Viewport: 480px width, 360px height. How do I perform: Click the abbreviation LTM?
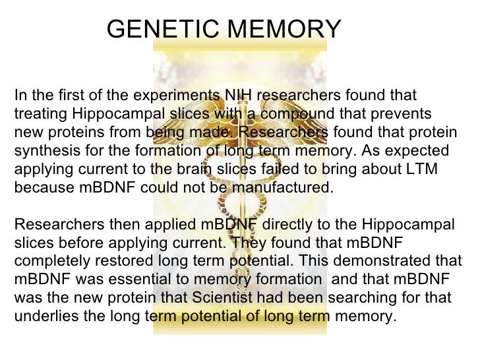(419, 169)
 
